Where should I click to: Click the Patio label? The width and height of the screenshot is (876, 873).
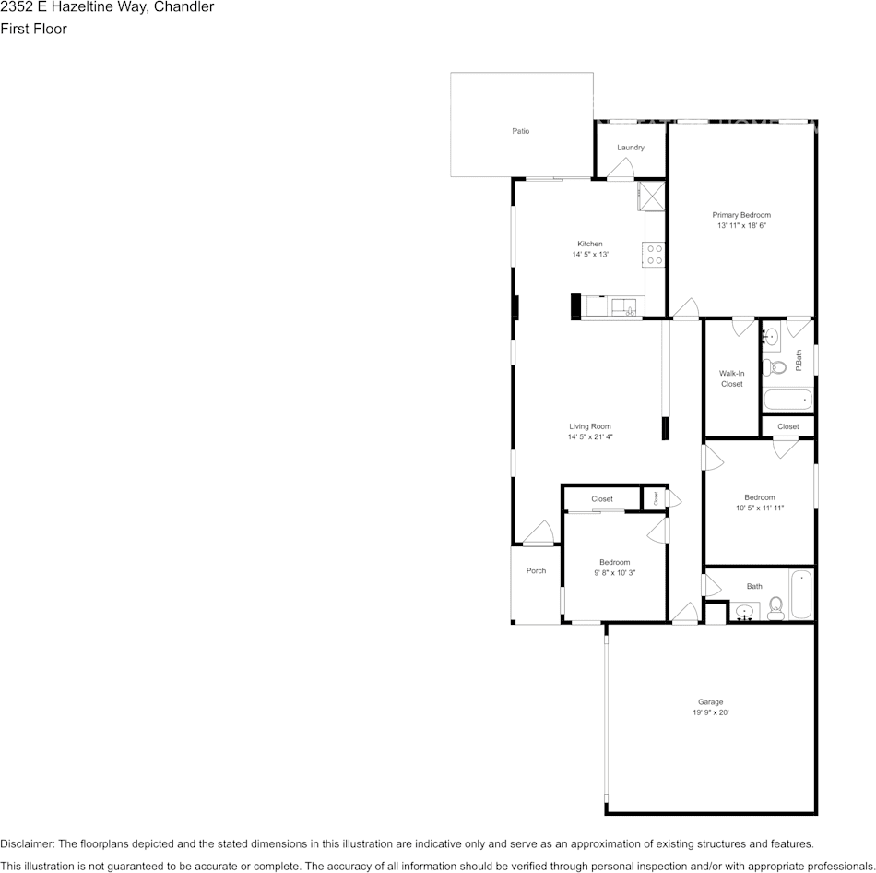(521, 131)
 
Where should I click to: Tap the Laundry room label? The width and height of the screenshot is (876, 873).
(631, 148)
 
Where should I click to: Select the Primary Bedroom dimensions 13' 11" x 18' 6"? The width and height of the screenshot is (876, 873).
(741, 225)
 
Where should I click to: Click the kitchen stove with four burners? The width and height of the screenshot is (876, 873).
(656, 255)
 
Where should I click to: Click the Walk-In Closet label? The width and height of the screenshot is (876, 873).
(731, 378)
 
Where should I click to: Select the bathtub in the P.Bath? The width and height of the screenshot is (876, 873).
(788, 401)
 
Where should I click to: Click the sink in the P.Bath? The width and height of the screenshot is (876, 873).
(772, 338)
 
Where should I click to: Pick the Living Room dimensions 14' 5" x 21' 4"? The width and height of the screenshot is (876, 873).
(590, 437)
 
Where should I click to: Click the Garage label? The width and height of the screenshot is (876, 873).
(710, 702)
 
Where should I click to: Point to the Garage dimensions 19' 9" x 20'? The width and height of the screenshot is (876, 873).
(710, 712)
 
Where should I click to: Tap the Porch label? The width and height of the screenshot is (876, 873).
(536, 571)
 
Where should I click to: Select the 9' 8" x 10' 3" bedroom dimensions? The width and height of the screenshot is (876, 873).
(614, 573)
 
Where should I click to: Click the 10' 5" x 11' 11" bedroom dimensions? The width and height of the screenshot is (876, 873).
(759, 508)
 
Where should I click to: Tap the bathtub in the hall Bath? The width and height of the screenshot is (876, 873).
(800, 596)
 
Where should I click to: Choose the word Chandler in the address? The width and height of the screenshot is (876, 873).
(183, 7)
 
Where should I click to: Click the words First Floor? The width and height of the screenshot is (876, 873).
(33, 29)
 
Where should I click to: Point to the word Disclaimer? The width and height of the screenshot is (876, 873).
(27, 843)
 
